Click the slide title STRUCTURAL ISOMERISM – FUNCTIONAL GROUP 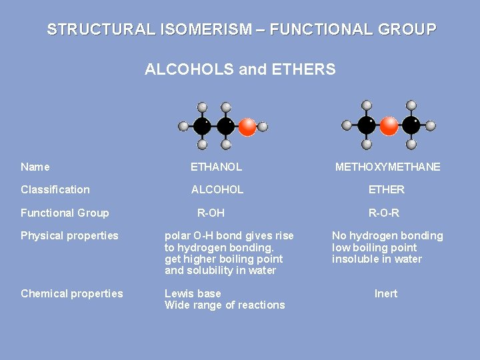(x=241, y=30)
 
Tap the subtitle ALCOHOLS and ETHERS (x=240, y=69)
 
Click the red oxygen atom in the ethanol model (x=247, y=126)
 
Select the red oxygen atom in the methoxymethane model (x=389, y=125)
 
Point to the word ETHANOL (x=216, y=167)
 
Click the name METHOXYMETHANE (x=387, y=167)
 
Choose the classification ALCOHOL (x=217, y=189)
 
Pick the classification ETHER (x=387, y=189)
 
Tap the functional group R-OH (x=211, y=213)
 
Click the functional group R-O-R (x=384, y=213)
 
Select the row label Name (x=35, y=167)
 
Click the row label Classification (x=55, y=189)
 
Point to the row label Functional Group (x=65, y=213)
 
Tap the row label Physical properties (x=69, y=235)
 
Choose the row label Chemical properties (x=72, y=293)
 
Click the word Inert (x=386, y=293)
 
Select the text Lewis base (x=193, y=293)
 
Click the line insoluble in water (x=377, y=259)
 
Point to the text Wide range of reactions (x=225, y=305)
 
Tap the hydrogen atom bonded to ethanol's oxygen (x=263, y=126)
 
